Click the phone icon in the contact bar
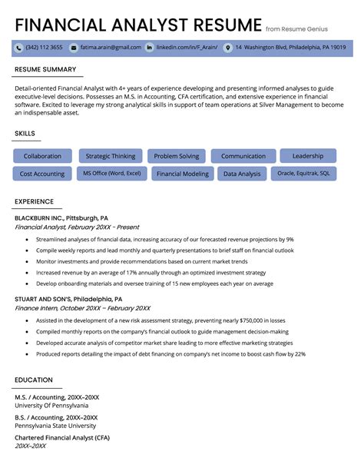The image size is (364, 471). pyautogui.click(x=18, y=48)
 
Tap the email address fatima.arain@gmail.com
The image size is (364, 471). pyautogui.click(x=111, y=48)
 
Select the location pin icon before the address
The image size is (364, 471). pyautogui.click(x=227, y=48)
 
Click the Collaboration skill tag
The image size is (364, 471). pyautogui.click(x=42, y=156)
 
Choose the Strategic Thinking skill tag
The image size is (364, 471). pyautogui.click(x=111, y=156)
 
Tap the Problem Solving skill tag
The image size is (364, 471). pyautogui.click(x=176, y=156)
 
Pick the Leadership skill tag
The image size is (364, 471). pyautogui.click(x=308, y=155)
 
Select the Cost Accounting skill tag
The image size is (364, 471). pyautogui.click(x=42, y=174)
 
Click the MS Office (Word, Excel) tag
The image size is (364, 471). pyautogui.click(x=112, y=174)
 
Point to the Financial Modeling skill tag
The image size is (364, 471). pyautogui.click(x=182, y=174)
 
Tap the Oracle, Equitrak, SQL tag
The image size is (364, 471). pyautogui.click(x=303, y=174)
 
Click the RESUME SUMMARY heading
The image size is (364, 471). pyautogui.click(x=45, y=70)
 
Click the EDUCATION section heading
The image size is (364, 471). pyautogui.click(x=34, y=380)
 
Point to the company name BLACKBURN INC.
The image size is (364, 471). pyautogui.click(x=39, y=218)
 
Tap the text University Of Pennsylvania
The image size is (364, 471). pyautogui.click(x=51, y=406)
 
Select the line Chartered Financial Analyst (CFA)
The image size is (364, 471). pyautogui.click(x=61, y=437)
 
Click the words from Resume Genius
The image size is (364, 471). pyautogui.click(x=296, y=28)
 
